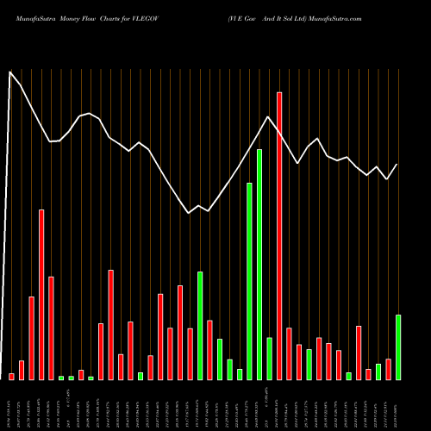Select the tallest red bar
[279, 235]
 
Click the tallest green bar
[259, 264]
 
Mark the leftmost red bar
[12, 376]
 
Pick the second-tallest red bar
[41, 294]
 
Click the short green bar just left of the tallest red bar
[269, 358]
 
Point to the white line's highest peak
[11, 72]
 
